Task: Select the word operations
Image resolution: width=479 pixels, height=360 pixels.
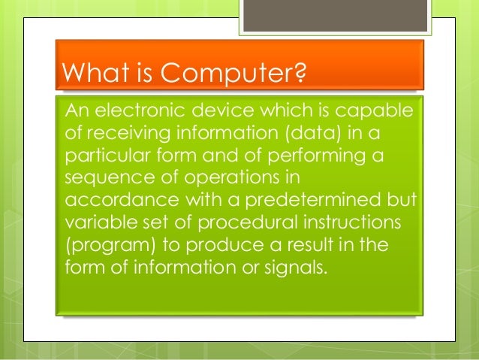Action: [x=226, y=179]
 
